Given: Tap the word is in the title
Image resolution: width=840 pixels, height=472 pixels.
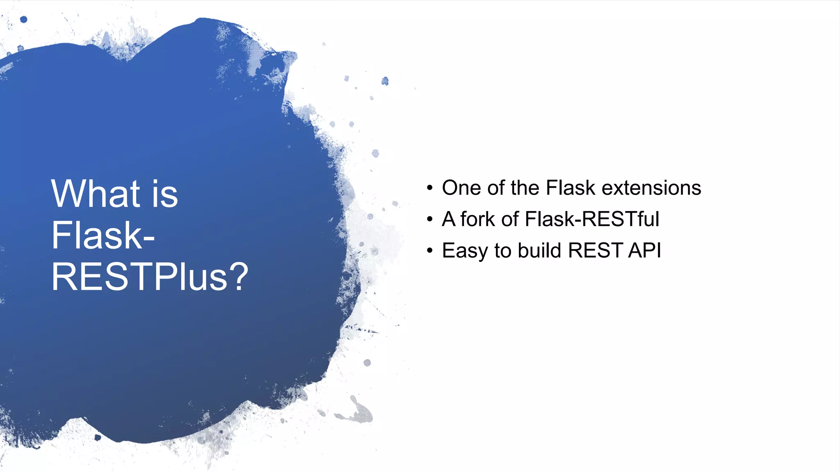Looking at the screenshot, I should coord(165,194).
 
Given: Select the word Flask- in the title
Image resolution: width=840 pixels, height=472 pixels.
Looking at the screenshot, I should coord(103,236).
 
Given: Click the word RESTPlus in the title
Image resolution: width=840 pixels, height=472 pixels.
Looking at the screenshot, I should coord(139,277).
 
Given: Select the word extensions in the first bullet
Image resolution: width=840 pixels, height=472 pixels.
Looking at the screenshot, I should coord(651,188).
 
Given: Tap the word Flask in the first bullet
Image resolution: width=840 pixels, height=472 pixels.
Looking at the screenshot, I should coord(570,188).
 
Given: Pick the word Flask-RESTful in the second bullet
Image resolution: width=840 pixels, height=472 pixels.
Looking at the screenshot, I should coord(592,219).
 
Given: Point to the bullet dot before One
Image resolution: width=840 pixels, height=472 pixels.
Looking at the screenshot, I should coord(429,188).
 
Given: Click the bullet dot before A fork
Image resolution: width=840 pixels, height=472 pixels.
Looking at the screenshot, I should coord(429,219).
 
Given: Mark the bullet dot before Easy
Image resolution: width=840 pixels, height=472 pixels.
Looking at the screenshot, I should coord(429,250).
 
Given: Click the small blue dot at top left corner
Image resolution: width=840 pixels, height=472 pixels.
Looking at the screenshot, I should coord(24,19).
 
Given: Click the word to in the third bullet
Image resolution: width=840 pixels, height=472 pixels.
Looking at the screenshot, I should coord(502,250).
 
